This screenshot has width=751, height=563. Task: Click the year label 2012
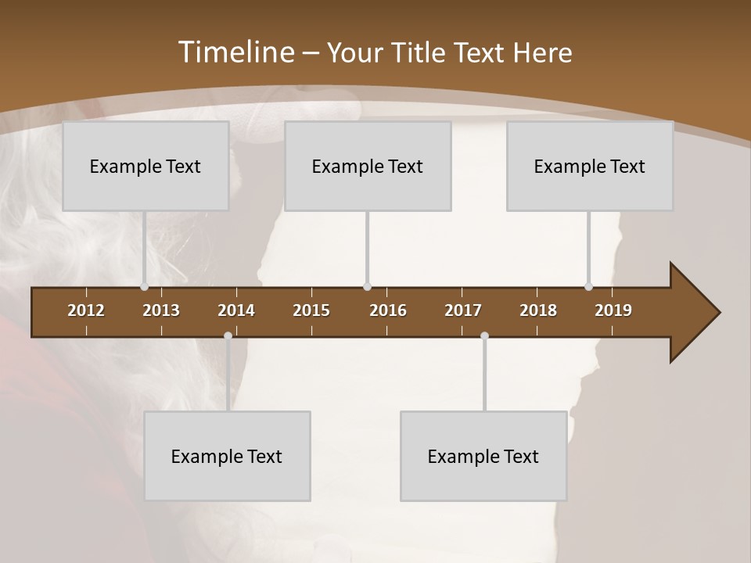click(86, 310)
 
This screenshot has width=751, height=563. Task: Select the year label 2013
click(161, 310)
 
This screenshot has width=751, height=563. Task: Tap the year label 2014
click(236, 310)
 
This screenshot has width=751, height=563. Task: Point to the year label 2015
click(311, 310)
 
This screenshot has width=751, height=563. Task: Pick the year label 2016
click(388, 310)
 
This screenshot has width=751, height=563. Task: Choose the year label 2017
click(463, 310)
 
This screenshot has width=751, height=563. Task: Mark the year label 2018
click(538, 310)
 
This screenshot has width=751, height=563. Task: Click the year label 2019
click(613, 310)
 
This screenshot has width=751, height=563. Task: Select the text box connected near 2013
click(146, 166)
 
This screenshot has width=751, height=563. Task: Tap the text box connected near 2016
click(368, 166)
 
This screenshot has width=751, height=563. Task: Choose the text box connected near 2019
click(590, 166)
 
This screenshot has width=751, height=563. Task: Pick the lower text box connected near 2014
click(227, 456)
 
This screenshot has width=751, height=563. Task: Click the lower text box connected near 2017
click(483, 456)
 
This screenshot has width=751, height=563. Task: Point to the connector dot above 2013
click(144, 287)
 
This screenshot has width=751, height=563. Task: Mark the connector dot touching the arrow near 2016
click(367, 287)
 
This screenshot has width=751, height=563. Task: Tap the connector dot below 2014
click(228, 336)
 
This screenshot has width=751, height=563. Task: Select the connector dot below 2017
click(484, 336)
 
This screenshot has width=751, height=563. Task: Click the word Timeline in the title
click(235, 52)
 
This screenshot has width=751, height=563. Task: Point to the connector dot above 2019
click(588, 287)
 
